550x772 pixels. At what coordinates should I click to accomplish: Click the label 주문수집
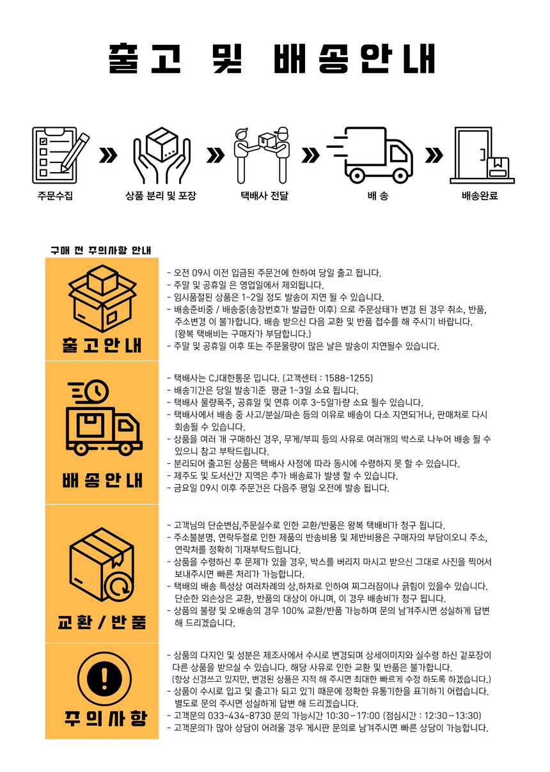point(55,196)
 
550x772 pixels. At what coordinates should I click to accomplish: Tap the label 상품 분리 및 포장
point(161,196)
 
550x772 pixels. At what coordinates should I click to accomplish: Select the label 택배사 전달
point(263,196)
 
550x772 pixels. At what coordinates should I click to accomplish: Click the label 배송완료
point(480,196)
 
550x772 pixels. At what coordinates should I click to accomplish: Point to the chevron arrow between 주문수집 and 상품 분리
point(109,155)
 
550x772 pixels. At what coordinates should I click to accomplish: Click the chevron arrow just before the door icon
point(434,155)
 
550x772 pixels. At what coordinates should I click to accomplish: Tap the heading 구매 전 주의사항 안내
point(100,250)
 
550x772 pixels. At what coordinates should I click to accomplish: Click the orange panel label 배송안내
point(102,480)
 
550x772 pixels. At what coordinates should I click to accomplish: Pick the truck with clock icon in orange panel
point(102,419)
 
